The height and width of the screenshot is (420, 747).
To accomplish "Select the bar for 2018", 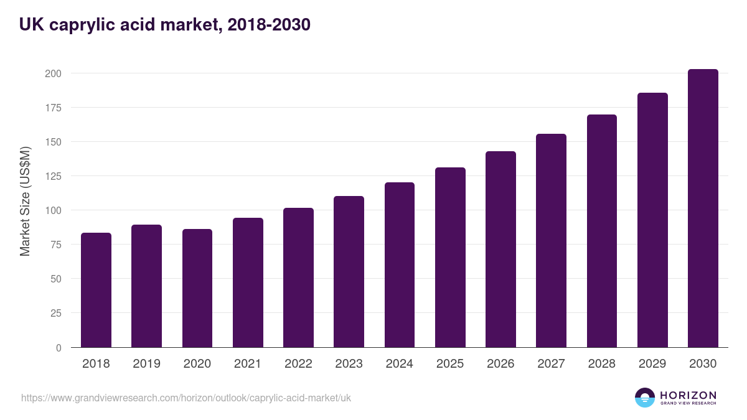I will click(96, 290).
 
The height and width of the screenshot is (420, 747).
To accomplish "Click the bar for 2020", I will click(197, 288).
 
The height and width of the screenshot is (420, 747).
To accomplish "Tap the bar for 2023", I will click(349, 272).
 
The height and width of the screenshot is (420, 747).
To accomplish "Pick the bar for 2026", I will click(500, 249).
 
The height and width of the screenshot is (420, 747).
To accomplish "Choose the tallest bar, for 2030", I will click(703, 208).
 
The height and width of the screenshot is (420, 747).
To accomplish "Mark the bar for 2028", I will click(601, 231).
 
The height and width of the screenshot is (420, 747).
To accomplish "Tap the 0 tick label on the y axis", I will click(59, 348).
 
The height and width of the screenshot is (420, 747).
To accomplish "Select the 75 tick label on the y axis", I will click(55, 245).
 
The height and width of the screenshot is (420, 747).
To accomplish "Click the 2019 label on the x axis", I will click(146, 364).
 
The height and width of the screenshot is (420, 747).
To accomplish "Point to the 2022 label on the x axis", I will click(298, 364).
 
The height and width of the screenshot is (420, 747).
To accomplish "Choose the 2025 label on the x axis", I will click(450, 364).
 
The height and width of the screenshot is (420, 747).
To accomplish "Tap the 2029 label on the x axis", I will click(652, 364).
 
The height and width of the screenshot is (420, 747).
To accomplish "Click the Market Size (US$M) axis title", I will click(25, 202).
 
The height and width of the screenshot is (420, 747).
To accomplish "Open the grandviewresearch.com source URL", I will click(186, 398).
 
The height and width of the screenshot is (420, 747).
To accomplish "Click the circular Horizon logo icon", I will click(645, 398).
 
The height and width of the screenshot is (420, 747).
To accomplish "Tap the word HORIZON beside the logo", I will click(688, 394).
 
